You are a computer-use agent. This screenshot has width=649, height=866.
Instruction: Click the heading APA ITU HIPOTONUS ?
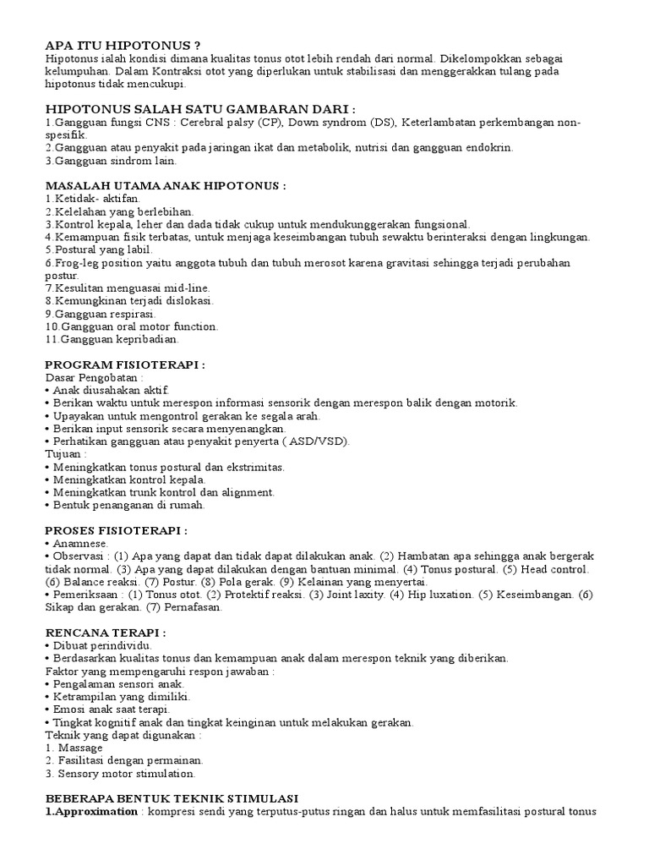click(x=123, y=45)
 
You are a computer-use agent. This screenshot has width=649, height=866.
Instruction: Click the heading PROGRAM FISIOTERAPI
click(x=125, y=364)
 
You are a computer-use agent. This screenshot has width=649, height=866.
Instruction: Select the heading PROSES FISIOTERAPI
click(x=116, y=530)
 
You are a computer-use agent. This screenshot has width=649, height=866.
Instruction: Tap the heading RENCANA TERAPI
click(x=105, y=632)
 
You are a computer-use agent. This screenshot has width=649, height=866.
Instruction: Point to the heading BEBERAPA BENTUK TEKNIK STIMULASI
click(x=172, y=798)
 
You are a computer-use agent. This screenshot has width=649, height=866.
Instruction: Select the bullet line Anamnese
click(x=80, y=543)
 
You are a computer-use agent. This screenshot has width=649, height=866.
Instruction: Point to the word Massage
click(x=81, y=748)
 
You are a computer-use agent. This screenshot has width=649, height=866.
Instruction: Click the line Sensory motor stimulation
click(x=127, y=773)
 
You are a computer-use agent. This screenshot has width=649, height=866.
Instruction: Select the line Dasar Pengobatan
click(x=93, y=377)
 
